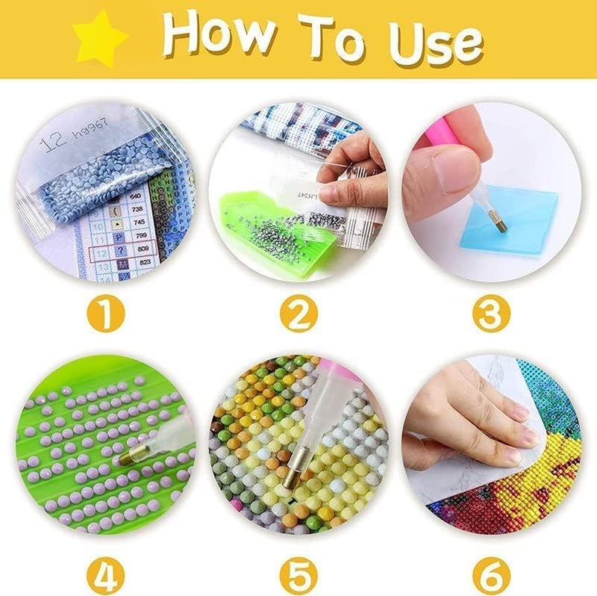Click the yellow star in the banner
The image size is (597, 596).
pyautogui.click(x=99, y=38)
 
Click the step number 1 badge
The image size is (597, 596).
pyautogui.click(x=105, y=314)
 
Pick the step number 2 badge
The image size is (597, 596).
pyautogui.click(x=298, y=314)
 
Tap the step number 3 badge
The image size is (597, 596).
pyautogui.click(x=490, y=314)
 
